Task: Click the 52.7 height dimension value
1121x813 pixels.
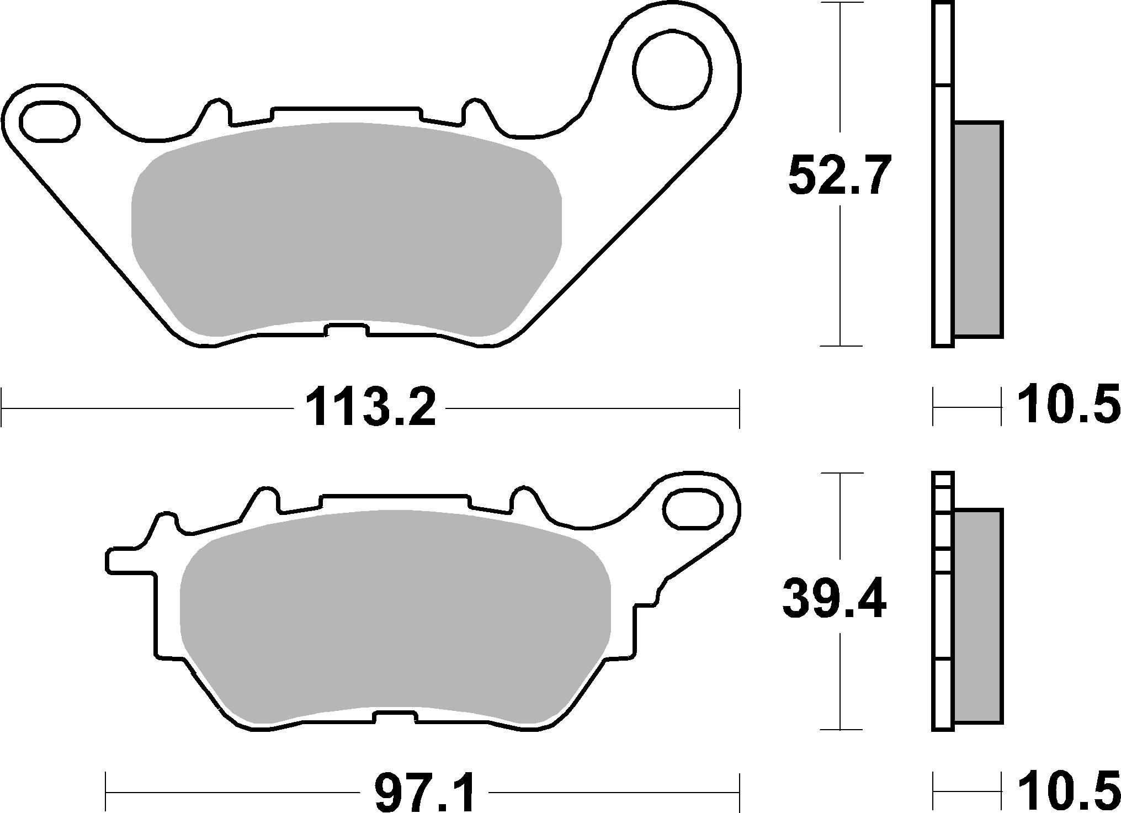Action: pyautogui.click(x=839, y=176)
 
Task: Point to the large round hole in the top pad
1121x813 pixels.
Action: pyautogui.click(x=672, y=69)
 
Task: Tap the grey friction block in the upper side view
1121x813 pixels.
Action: pyautogui.click(x=978, y=229)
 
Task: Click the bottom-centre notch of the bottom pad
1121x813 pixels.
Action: pyautogui.click(x=395, y=717)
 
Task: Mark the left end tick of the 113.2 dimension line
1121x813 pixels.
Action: pyautogui.click(x=3, y=408)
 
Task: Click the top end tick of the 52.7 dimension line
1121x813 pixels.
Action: pyautogui.click(x=840, y=3)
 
